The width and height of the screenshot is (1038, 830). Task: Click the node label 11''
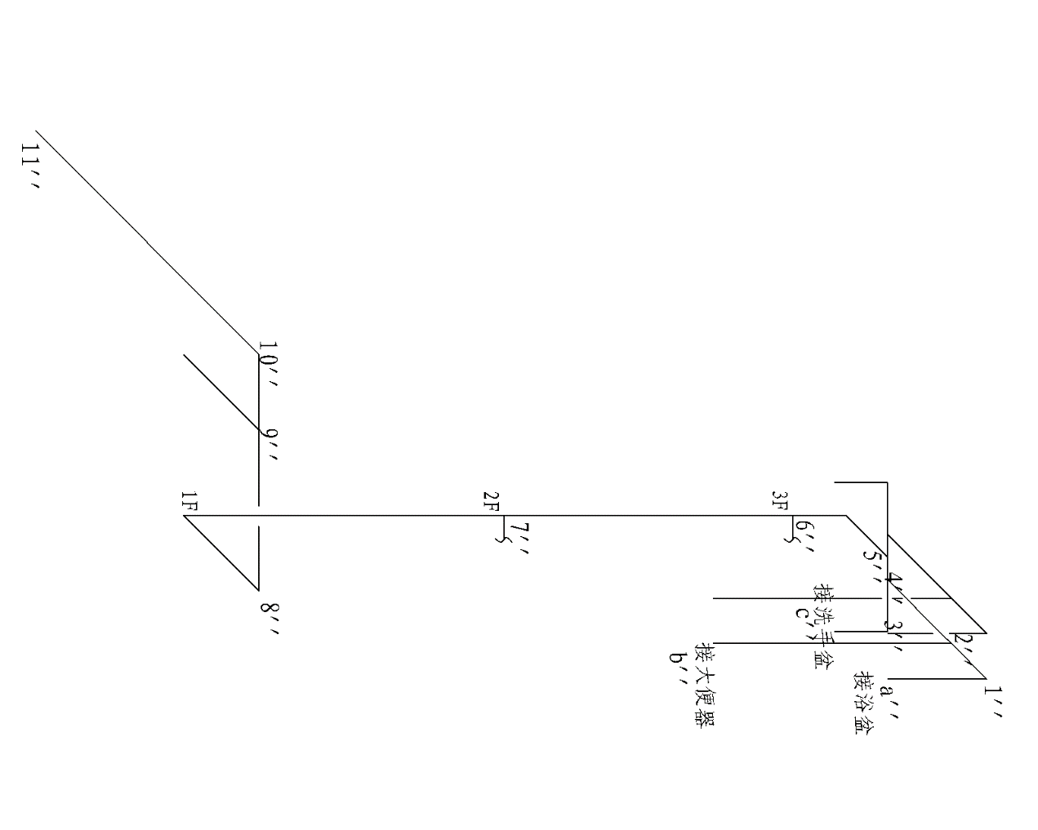pyautogui.click(x=30, y=168)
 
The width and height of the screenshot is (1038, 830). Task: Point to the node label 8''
pyautogui.click(x=269, y=619)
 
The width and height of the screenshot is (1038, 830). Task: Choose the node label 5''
pyautogui.click(x=873, y=566)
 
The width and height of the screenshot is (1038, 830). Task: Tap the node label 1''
pyautogui.click(x=994, y=702)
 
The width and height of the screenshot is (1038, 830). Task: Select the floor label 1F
pyautogui.click(x=189, y=501)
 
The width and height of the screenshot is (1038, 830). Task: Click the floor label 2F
pyautogui.click(x=490, y=501)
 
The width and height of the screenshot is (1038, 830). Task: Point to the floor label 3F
pyautogui.click(x=780, y=501)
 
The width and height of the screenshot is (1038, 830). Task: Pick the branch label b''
pyautogui.click(x=676, y=668)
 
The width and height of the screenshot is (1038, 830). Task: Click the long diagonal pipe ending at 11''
pyautogui.click(x=147, y=242)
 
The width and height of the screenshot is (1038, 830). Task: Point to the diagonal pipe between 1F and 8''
pyautogui.click(x=221, y=553)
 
